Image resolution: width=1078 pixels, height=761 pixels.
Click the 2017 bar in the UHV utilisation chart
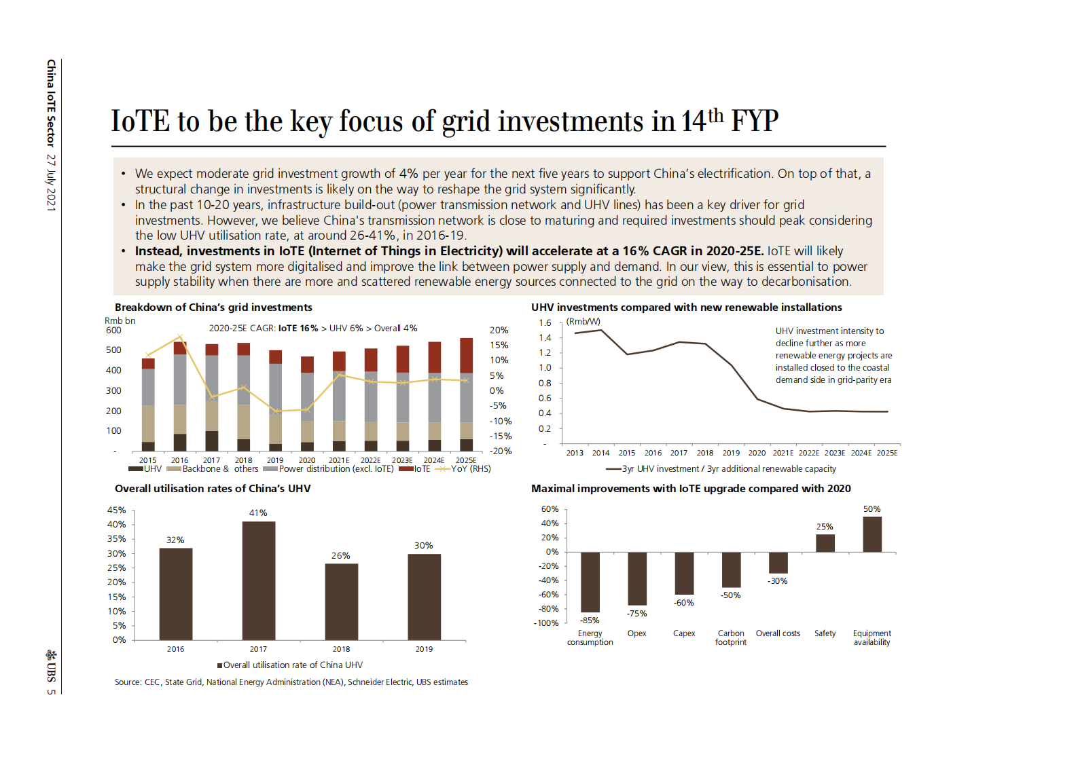pyautogui.click(x=258, y=580)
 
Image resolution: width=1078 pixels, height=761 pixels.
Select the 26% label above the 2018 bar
pyautogui.click(x=340, y=555)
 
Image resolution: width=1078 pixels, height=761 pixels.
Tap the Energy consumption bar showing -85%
pyautogui.click(x=590, y=582)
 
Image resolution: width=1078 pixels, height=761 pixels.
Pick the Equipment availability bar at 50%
pyautogui.click(x=872, y=534)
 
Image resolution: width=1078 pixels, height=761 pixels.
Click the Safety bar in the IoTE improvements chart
pyautogui.click(x=825, y=543)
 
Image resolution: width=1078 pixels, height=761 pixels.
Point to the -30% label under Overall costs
pyautogui.click(x=778, y=581)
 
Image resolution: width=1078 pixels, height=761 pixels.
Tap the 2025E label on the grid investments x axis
pyautogui.click(x=466, y=460)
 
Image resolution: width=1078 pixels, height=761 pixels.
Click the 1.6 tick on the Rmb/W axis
pyautogui.click(x=545, y=323)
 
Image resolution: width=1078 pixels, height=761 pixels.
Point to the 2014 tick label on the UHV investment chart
pyautogui.click(x=600, y=453)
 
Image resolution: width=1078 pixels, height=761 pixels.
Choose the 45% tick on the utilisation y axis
pyautogui.click(x=116, y=510)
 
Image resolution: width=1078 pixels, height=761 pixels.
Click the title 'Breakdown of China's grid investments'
pyautogui.click(x=213, y=308)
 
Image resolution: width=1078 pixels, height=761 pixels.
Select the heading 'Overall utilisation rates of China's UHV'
pyautogui.click(x=213, y=489)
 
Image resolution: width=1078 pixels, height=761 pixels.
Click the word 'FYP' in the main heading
pyautogui.click(x=754, y=122)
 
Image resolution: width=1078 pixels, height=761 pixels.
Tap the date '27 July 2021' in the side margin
pyautogui.click(x=51, y=183)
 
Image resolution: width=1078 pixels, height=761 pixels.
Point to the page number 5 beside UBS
pyautogui.click(x=51, y=692)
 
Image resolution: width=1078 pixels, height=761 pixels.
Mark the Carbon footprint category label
pyautogui.click(x=730, y=637)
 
